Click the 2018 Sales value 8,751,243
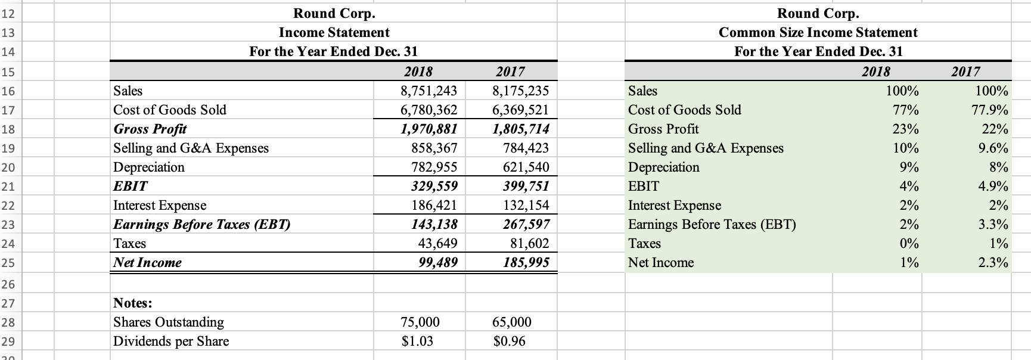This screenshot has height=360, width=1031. click(x=429, y=91)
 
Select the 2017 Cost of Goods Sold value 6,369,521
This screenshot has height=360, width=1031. click(x=521, y=110)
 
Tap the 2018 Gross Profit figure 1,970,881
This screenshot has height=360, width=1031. click(x=429, y=129)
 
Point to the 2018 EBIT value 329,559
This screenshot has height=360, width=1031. click(x=434, y=186)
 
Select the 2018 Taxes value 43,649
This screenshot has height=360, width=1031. click(x=437, y=243)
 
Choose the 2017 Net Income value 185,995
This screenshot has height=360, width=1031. click(x=526, y=262)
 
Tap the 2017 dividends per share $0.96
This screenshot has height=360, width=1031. click(x=510, y=341)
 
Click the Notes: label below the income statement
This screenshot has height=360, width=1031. click(x=133, y=303)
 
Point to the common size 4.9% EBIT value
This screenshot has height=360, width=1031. click(x=993, y=186)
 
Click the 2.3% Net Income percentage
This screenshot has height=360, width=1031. click(x=993, y=262)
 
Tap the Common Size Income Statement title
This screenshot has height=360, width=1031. click(x=818, y=32)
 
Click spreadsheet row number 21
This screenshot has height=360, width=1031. click(x=8, y=187)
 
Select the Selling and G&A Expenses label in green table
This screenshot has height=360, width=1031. click(x=706, y=148)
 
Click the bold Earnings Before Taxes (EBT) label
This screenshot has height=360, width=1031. click(x=202, y=224)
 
